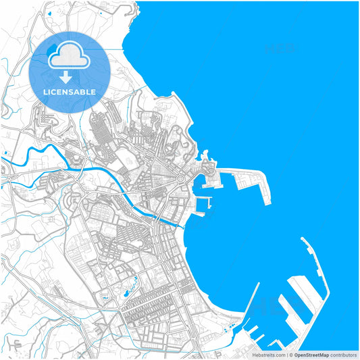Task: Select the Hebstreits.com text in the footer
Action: coord(269,355)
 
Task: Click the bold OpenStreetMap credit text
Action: coord(311,355)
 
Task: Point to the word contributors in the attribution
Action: coord(344,355)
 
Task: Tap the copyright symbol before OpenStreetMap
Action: coord(290,355)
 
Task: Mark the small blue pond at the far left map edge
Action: coord(5,154)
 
